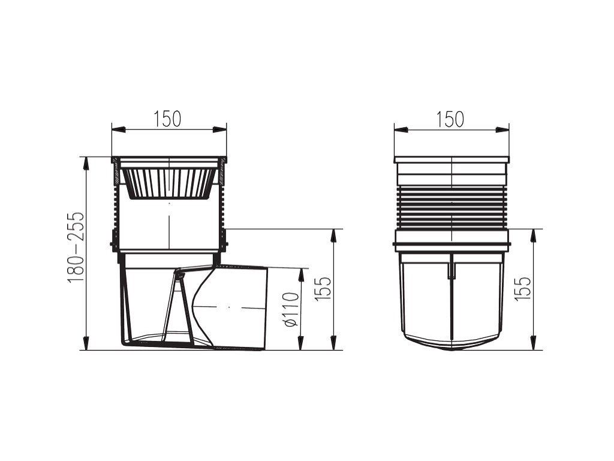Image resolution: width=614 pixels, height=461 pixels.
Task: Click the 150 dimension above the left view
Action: (168, 119)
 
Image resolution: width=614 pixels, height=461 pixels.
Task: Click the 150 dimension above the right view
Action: (450, 119)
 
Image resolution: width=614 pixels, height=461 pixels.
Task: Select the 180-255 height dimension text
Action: (75, 247)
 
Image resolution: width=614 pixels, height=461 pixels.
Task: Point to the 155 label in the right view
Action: (522, 289)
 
